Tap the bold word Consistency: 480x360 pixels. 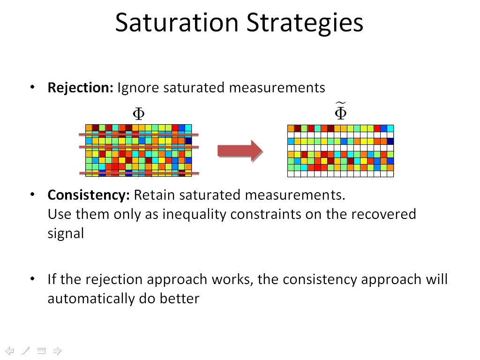[89, 195]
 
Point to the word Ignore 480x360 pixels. [138, 88]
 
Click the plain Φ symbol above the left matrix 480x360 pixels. [138, 113]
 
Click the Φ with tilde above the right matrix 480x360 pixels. [340, 112]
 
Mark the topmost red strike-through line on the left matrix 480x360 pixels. [138, 135]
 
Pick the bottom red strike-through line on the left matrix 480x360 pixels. [138, 173]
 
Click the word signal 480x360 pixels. [66, 233]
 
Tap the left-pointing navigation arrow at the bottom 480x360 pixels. [10, 350]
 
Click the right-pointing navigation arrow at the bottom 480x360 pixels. [57, 350]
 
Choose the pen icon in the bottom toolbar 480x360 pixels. [25, 350]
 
